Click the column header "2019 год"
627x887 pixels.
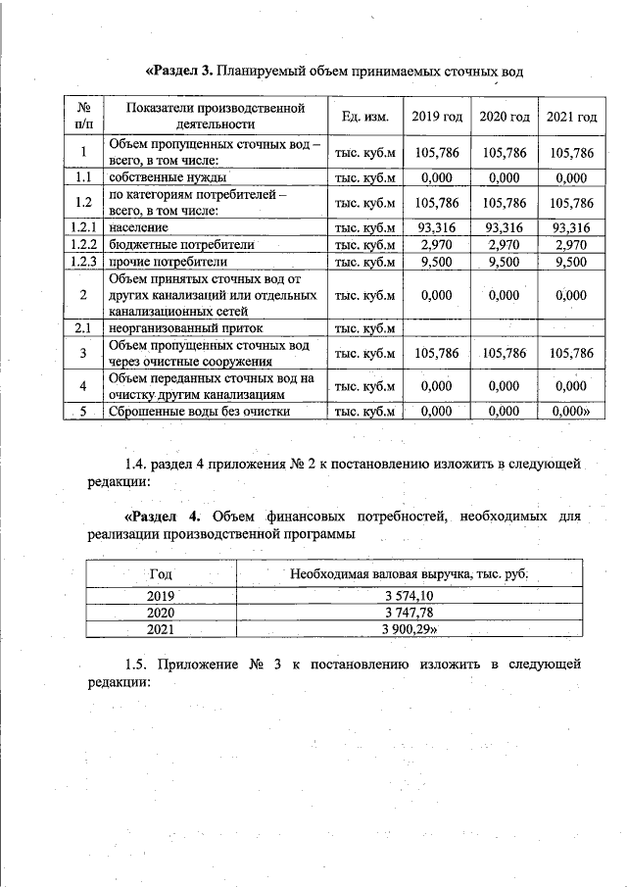(437, 118)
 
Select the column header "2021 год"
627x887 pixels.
(571, 118)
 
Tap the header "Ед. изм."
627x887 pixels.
(365, 118)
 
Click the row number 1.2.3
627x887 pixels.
(83, 262)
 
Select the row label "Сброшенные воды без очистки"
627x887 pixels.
(199, 412)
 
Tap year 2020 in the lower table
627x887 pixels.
(160, 612)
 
